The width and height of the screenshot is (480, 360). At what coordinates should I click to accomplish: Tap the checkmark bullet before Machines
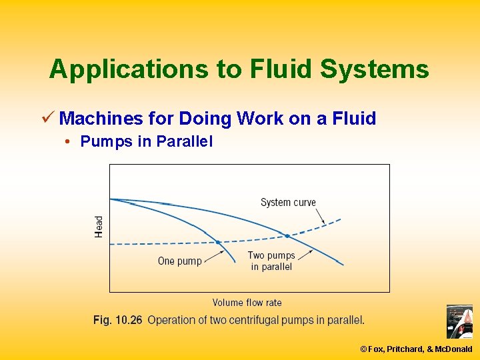coord(47,119)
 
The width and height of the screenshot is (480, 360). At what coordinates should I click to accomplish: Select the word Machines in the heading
coord(101,119)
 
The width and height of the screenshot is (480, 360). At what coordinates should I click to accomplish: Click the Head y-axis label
coord(99,226)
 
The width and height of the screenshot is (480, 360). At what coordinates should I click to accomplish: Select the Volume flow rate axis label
coord(247,303)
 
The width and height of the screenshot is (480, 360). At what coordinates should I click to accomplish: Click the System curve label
coord(288,203)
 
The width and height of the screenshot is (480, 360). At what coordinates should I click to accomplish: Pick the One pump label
coord(179,261)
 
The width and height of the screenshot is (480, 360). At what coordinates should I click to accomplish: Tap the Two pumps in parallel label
coord(271,261)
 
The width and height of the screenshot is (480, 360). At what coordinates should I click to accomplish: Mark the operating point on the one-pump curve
coord(217,241)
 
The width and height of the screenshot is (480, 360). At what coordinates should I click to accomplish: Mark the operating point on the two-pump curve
coord(287,235)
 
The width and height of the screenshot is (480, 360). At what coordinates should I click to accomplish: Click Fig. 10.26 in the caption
coord(118,320)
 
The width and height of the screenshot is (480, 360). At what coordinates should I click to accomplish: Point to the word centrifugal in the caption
coord(263,320)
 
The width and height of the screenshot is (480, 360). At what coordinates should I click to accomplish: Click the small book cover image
coord(459,322)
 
